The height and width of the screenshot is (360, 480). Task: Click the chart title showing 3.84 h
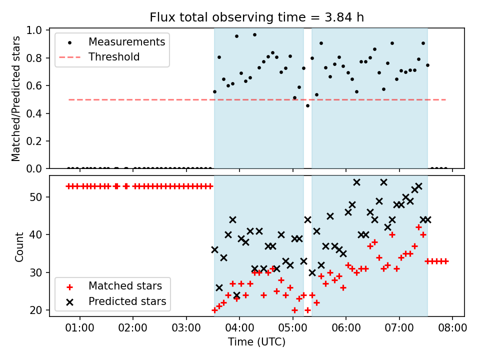[256, 17]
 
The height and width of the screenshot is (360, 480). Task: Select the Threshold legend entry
[99, 57]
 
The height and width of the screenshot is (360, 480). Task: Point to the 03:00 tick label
[186, 328]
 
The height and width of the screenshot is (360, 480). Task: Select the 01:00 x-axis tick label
[79, 328]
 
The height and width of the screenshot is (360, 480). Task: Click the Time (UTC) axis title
[256, 341]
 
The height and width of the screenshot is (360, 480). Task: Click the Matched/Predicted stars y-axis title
[15, 98]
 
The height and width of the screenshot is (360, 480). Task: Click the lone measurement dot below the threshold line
[307, 106]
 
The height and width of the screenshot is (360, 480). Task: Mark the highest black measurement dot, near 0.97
[254, 35]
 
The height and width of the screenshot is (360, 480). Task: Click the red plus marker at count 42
[419, 227]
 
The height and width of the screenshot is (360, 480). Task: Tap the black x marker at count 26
[219, 288]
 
